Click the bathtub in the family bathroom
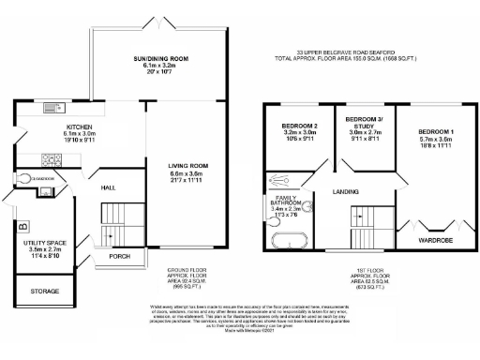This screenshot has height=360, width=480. [x=283, y=239]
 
